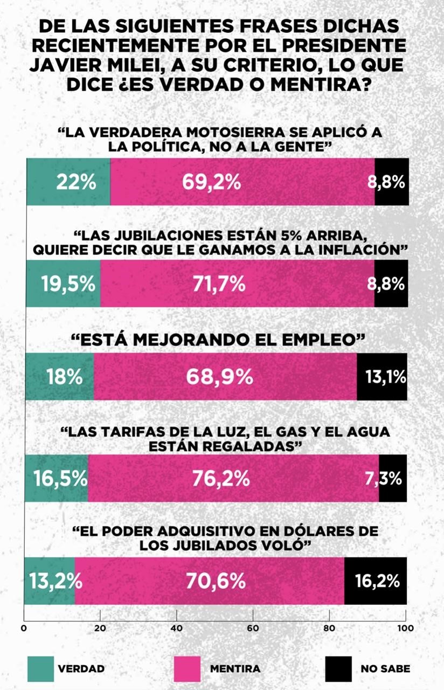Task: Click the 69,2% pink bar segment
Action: click(242, 182)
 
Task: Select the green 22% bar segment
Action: click(68, 182)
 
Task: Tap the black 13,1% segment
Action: click(381, 377)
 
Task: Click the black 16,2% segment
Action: click(375, 581)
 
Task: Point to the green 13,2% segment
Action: click(50, 581)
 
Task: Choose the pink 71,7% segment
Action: click(237, 284)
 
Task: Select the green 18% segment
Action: click(60, 377)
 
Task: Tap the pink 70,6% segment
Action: click(210, 581)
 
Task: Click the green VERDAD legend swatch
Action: click(40, 669)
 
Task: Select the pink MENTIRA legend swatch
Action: click(186, 669)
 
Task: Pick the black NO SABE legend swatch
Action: click(338, 669)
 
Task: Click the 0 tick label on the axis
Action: click(24, 627)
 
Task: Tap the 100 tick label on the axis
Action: click(405, 627)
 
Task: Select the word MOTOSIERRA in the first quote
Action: click(208, 133)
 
